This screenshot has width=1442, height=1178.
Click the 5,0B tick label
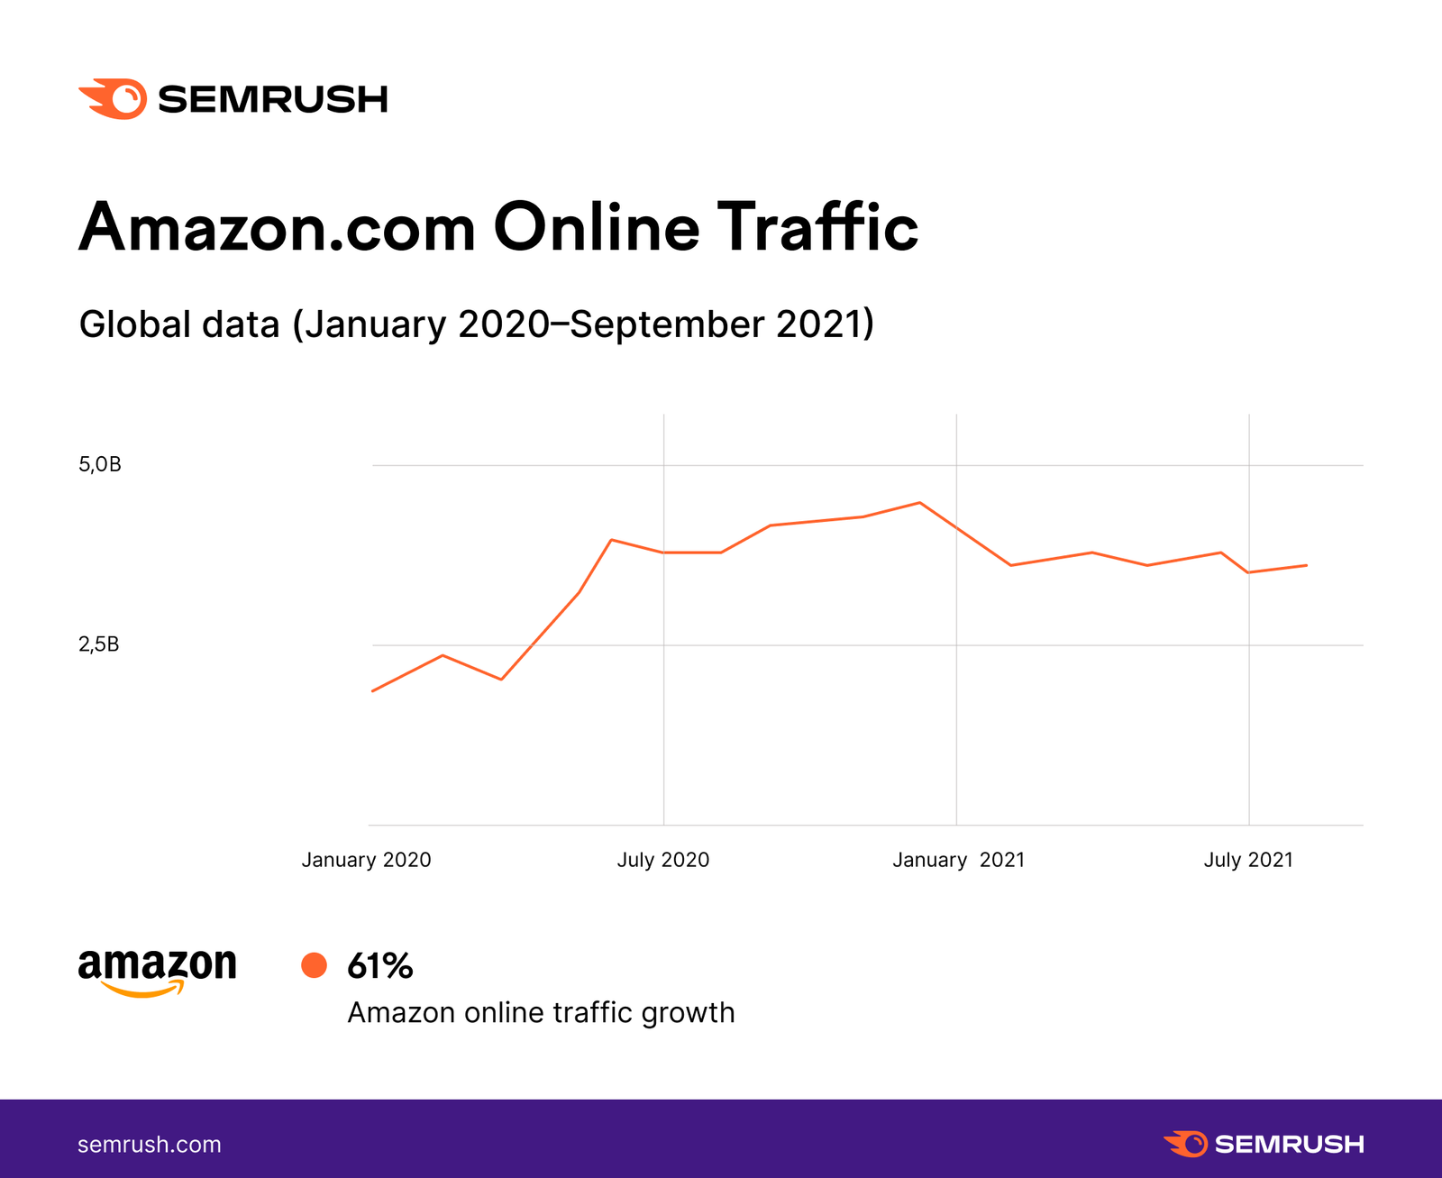click(x=100, y=465)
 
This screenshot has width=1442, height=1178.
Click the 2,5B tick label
click(x=99, y=644)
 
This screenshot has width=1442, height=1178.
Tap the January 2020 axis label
click(x=366, y=860)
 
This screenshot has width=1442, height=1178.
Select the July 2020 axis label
click(x=663, y=860)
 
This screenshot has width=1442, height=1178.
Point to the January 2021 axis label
click(x=959, y=860)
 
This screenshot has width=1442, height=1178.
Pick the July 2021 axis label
click(x=1248, y=860)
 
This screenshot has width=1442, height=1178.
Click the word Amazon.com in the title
click(x=278, y=227)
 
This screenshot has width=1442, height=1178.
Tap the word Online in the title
click(x=597, y=227)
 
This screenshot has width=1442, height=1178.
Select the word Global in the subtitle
click(x=135, y=324)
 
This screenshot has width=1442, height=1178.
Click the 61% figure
click(x=380, y=966)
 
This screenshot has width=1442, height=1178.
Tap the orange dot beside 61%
click(x=314, y=965)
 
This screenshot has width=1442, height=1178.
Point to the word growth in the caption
click(x=689, y=1013)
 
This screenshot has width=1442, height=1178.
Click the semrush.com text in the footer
click(x=150, y=1145)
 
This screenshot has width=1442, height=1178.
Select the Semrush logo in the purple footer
click(x=1264, y=1144)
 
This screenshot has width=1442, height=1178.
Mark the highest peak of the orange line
click(x=919, y=503)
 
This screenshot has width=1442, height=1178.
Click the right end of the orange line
click(x=1307, y=565)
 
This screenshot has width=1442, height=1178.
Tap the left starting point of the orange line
click(x=372, y=691)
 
